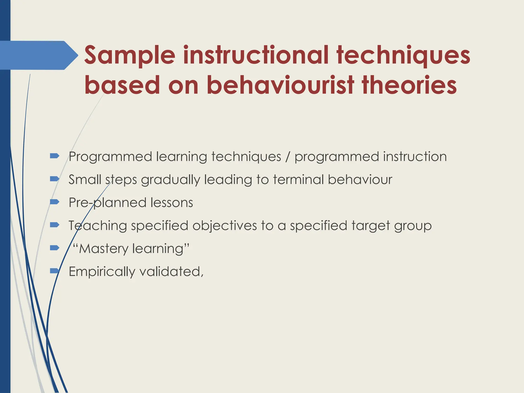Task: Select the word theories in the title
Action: pos(409,85)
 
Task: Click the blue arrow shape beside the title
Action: pos(38,55)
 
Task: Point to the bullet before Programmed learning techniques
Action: pos(54,156)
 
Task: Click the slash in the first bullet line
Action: pos(288,157)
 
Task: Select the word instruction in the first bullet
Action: pos(415,157)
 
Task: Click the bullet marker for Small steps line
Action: pos(54,179)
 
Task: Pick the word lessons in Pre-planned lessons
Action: pos(172,203)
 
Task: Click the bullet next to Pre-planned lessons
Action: pos(54,202)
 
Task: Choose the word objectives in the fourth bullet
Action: pos(225,226)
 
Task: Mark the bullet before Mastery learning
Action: pos(54,248)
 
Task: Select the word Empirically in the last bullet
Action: pos(102,272)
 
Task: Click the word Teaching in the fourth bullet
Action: pos(98,226)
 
